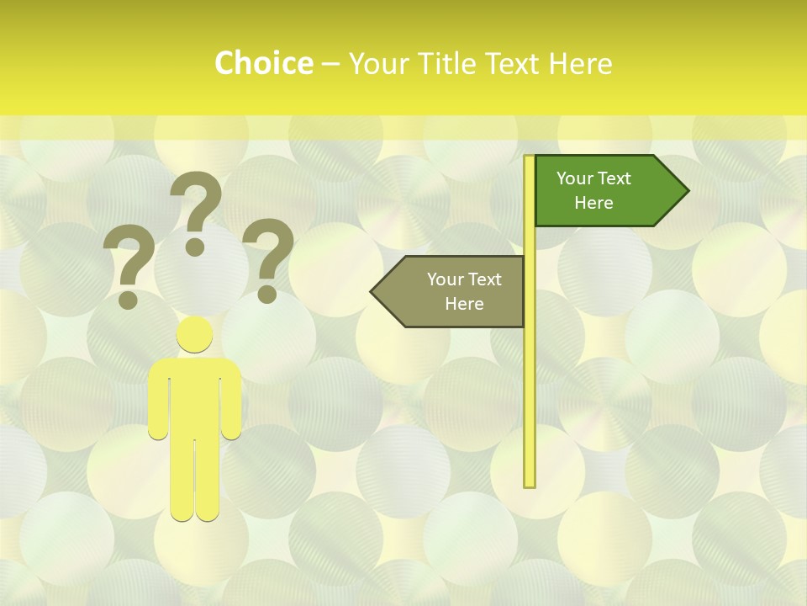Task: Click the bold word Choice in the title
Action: click(263, 64)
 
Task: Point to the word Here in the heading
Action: click(580, 64)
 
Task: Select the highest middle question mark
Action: click(195, 210)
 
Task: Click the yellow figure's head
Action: click(194, 335)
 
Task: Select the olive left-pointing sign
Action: click(454, 291)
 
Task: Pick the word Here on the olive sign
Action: click(464, 304)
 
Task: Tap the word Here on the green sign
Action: click(593, 203)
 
